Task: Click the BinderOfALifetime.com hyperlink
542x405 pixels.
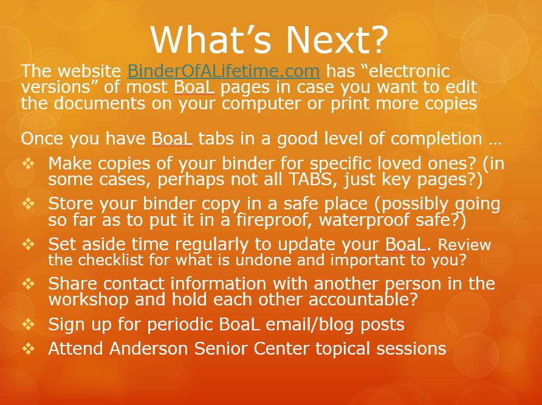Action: point(223,71)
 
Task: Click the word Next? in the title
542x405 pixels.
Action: point(337,39)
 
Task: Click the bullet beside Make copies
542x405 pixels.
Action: point(29,163)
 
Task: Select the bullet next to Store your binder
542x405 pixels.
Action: point(29,203)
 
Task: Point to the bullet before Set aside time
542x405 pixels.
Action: point(29,244)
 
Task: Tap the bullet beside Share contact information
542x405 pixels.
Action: point(29,284)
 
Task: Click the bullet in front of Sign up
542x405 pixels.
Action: point(29,324)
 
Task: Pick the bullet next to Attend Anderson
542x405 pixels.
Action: point(29,349)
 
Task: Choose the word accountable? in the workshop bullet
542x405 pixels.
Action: point(363,299)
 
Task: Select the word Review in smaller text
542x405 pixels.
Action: point(464,245)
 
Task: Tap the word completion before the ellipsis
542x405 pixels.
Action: point(436,139)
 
